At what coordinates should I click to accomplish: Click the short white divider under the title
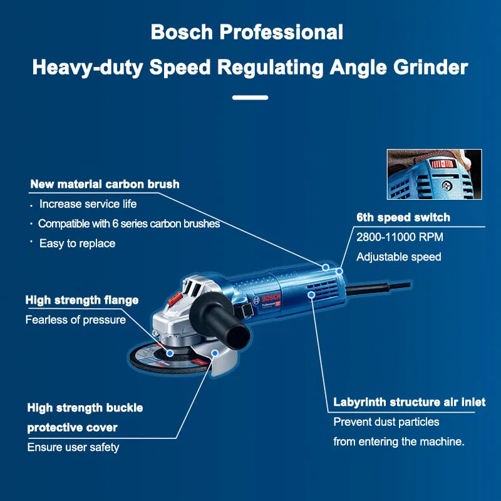coord(250,98)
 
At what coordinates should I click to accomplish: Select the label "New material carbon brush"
coord(105,184)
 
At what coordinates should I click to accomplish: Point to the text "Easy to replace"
coord(77,244)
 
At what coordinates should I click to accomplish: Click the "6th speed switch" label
coord(403,217)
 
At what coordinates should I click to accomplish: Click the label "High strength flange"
coord(82,301)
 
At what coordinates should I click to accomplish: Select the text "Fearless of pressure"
coord(75,320)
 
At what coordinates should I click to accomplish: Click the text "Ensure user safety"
coord(73,447)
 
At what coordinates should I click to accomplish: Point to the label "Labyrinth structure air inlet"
coord(409,402)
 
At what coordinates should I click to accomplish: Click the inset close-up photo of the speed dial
coord(434,174)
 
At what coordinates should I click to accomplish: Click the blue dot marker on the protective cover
coord(214,353)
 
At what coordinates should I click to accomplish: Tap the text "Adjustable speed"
coord(398,257)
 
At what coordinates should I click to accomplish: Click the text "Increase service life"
coord(88,204)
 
